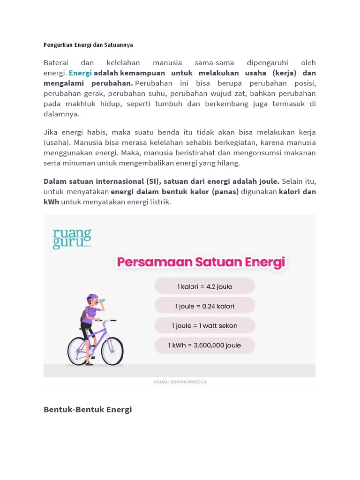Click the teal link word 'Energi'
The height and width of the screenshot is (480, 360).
(x=80, y=73)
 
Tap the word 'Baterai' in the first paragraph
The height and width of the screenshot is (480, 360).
(x=56, y=63)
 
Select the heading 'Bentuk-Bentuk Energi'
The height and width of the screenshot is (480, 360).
(x=88, y=409)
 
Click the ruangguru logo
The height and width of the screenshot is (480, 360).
(x=72, y=239)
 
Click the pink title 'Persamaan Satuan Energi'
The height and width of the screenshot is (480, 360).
(x=201, y=262)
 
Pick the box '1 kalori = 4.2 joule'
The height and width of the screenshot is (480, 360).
(x=204, y=286)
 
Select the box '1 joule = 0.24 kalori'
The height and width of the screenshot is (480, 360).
(x=204, y=306)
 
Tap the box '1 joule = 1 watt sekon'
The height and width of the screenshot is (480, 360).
(x=204, y=326)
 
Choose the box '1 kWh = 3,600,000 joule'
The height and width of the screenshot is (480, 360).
(x=204, y=345)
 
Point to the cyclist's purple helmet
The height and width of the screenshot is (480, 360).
(x=92, y=298)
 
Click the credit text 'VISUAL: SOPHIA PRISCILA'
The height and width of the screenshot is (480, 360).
(x=180, y=382)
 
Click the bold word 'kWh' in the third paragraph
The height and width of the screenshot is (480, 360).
(x=51, y=202)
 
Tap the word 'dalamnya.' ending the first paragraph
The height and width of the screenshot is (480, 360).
(x=61, y=114)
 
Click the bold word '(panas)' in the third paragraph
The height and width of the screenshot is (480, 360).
(x=224, y=192)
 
